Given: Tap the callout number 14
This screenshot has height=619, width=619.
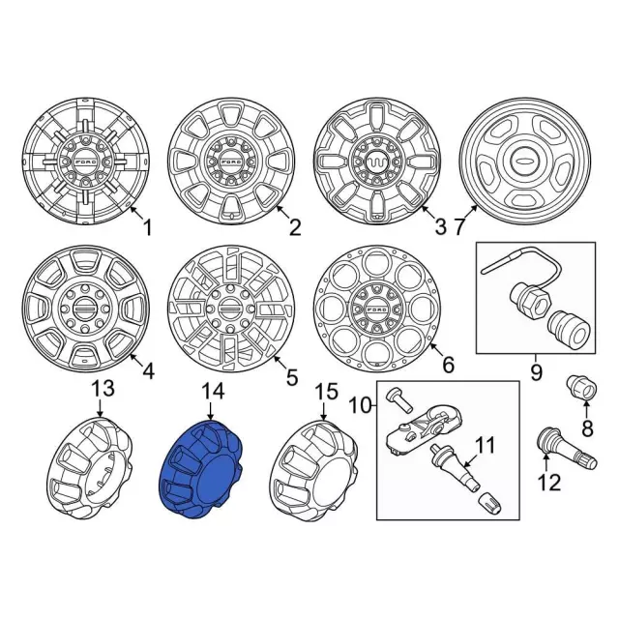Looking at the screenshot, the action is [213, 392].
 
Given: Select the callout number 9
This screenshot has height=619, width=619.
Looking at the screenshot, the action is [536, 372].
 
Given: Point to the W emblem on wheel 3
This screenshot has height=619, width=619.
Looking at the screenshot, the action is [377, 162].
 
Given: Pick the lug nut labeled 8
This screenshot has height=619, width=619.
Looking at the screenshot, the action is [582, 387].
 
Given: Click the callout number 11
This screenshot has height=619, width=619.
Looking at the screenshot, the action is [485, 445].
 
